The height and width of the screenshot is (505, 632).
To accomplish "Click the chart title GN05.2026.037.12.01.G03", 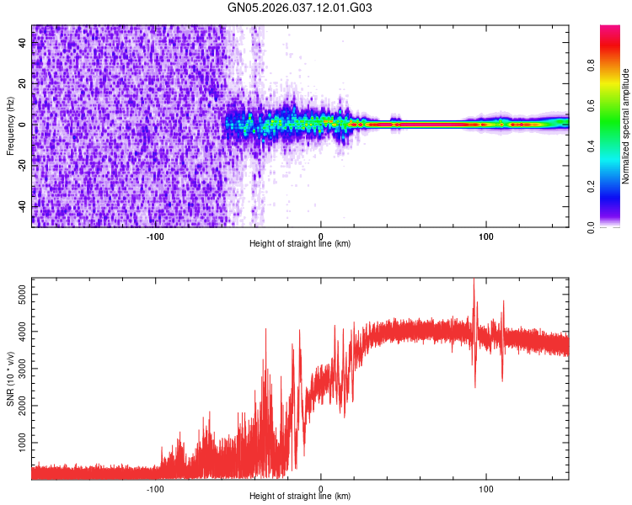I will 300,8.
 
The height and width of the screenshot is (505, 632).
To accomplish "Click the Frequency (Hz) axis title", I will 10,126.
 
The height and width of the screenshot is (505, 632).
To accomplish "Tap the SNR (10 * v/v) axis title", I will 10,379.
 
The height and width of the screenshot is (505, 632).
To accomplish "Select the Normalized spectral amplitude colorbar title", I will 626,126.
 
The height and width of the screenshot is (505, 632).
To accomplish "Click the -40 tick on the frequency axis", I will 22,206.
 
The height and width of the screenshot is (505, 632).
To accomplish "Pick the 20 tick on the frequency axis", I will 22,83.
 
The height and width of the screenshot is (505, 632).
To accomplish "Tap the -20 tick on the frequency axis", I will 22,165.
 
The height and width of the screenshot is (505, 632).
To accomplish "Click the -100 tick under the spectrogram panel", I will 155,235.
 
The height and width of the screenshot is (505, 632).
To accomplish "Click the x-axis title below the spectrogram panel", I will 300,244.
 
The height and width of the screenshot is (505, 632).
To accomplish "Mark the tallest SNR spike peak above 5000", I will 474,279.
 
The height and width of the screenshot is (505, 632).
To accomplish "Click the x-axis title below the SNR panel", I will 300,497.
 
